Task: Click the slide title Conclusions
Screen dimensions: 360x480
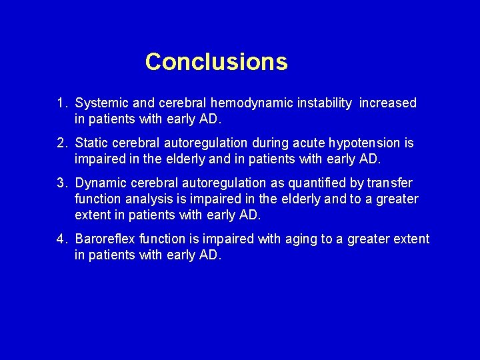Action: click(x=217, y=62)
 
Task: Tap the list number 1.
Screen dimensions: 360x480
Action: click(x=62, y=103)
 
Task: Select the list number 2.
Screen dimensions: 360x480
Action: click(x=62, y=143)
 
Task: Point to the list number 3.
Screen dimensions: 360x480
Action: click(x=62, y=183)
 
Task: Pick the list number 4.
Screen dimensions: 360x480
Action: click(x=62, y=239)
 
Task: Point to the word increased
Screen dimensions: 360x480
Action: click(x=388, y=103)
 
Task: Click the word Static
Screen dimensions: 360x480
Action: click(x=92, y=143)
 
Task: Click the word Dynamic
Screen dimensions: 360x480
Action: click(x=99, y=183)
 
